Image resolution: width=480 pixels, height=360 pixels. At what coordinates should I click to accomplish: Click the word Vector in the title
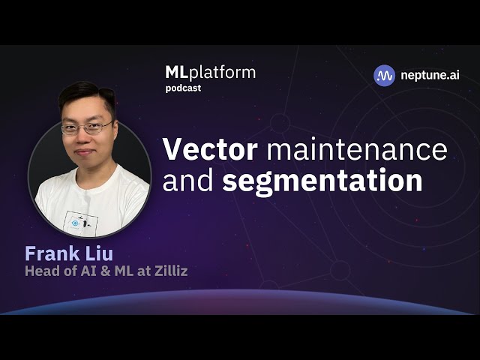tap(209, 149)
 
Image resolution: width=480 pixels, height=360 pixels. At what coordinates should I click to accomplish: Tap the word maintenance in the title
tap(357, 149)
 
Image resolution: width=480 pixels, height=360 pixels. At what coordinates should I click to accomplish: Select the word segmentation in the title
tap(322, 181)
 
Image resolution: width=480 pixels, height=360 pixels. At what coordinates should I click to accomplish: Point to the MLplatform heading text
tap(210, 73)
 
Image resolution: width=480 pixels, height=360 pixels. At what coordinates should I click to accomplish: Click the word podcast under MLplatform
tap(183, 88)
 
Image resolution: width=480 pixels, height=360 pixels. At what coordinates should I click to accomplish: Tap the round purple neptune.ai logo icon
tap(385, 75)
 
